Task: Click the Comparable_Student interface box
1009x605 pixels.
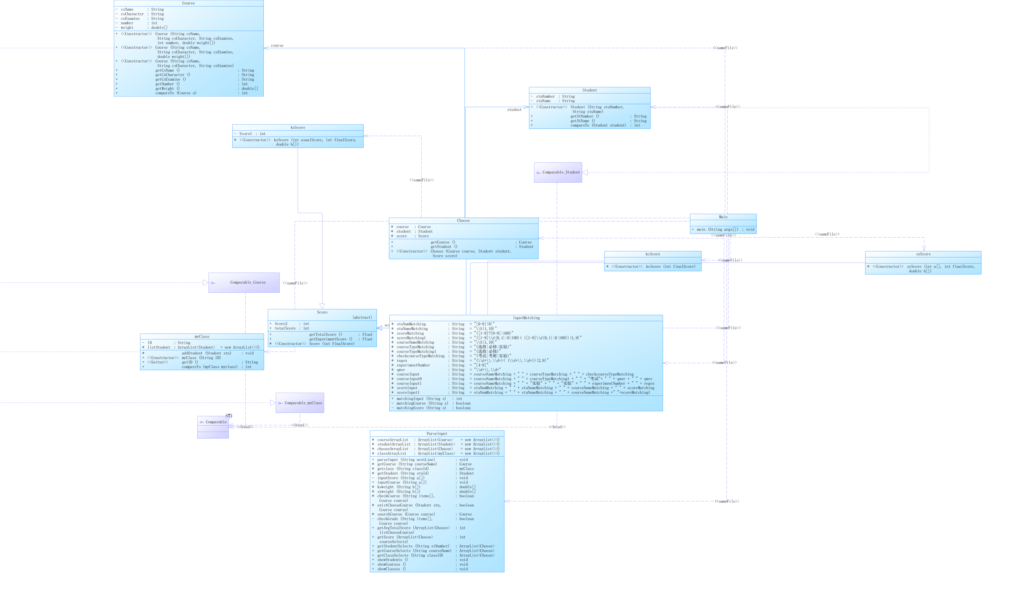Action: [558, 172]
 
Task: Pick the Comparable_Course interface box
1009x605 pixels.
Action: [244, 283]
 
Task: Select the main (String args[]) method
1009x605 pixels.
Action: [717, 230]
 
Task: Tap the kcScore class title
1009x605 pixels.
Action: [653, 254]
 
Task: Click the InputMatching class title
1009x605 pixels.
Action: [526, 318]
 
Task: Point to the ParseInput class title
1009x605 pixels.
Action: [437, 434]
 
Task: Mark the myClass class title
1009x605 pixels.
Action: [202, 337]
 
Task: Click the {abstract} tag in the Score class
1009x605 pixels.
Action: [362, 318]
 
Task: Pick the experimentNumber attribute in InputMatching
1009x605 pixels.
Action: [413, 365]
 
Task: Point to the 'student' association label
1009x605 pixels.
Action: [514, 110]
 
